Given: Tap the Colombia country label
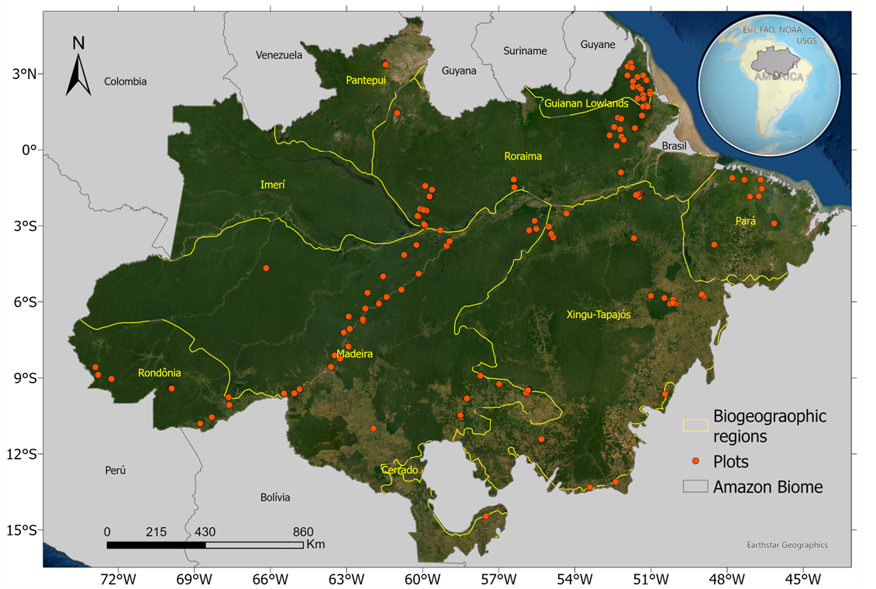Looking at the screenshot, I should (x=126, y=81).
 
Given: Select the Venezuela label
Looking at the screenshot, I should (x=278, y=55).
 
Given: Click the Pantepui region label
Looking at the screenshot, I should (x=367, y=80).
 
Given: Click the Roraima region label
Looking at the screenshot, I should (x=523, y=156).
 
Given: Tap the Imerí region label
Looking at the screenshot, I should (x=272, y=184).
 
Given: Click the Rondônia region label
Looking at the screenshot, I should (x=159, y=373).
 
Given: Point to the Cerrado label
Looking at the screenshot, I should (x=400, y=470).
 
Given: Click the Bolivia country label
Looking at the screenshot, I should (x=275, y=497).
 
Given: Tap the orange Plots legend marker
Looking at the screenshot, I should (x=695, y=462).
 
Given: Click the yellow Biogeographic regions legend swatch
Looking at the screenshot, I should (x=695, y=425).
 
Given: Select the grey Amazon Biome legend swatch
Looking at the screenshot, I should (x=695, y=487).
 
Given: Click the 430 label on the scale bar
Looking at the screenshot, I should (x=205, y=532).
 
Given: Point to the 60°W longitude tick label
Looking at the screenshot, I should (x=422, y=578).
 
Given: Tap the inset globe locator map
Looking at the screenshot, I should (x=769, y=80).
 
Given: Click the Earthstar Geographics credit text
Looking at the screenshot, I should (x=786, y=545).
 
